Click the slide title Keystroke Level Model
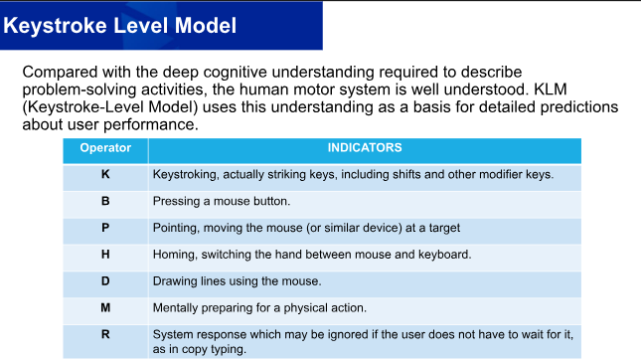[x=120, y=26]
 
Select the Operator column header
[x=105, y=148]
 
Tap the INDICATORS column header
[x=365, y=148]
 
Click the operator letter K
[x=105, y=174]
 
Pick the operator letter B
[x=105, y=201]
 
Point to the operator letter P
[x=105, y=228]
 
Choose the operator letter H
[x=105, y=255]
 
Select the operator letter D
[x=105, y=281]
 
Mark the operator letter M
[x=105, y=307]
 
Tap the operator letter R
[x=105, y=334]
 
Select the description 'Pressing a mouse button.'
[x=222, y=201]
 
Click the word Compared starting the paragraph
[x=60, y=72]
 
